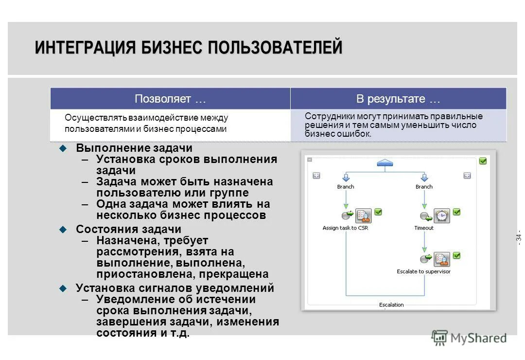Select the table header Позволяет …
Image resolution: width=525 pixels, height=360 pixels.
tap(170, 99)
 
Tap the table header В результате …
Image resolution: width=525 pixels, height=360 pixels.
tap(398, 99)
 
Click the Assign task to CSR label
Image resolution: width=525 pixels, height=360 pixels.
tap(345, 228)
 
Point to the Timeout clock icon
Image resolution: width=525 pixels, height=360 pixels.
tap(441, 216)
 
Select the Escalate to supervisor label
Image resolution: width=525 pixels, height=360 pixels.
tap(423, 271)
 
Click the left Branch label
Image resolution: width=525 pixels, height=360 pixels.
tap(346, 187)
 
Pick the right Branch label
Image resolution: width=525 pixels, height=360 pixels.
tap(424, 187)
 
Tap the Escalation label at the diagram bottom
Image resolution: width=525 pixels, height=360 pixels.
tap(391, 305)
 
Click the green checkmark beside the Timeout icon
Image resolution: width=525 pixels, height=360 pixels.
tap(456, 212)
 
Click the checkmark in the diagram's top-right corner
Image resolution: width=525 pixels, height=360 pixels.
tap(483, 161)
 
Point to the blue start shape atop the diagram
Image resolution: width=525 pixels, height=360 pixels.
tap(385, 162)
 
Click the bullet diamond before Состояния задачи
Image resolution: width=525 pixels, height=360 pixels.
tap(62, 229)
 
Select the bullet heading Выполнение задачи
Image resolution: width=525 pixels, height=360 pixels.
tap(134, 148)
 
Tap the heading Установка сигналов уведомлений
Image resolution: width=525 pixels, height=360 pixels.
tap(175, 288)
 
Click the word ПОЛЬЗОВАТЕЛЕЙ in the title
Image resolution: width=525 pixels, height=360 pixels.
tap(275, 48)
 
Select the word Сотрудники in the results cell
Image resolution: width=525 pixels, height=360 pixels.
tap(324, 116)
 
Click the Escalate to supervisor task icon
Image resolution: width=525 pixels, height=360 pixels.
tap(441, 259)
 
